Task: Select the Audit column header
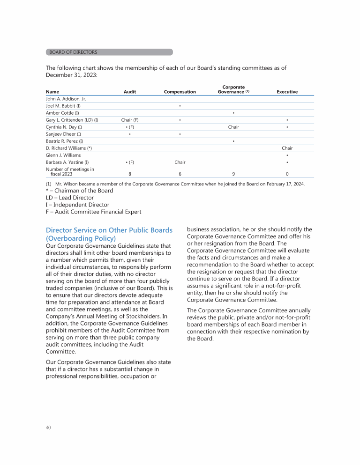[x=130, y=92]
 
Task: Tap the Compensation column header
[x=180, y=92]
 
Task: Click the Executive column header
[x=287, y=92]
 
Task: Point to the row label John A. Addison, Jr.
[x=66, y=99]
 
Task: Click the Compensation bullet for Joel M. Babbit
[x=180, y=106]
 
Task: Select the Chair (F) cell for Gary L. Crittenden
[x=130, y=120]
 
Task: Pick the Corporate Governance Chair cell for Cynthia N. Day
[x=233, y=127]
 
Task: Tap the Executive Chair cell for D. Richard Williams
[x=287, y=148]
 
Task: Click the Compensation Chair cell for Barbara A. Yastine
[x=180, y=162]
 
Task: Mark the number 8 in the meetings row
[x=130, y=174]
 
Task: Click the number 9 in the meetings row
[x=233, y=174]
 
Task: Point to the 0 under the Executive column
[x=287, y=174]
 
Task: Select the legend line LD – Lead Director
[x=70, y=198]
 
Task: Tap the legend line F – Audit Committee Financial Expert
[x=93, y=212]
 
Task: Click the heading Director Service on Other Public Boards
[x=109, y=230]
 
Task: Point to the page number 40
[x=48, y=428]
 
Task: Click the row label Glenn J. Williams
[x=63, y=155]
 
